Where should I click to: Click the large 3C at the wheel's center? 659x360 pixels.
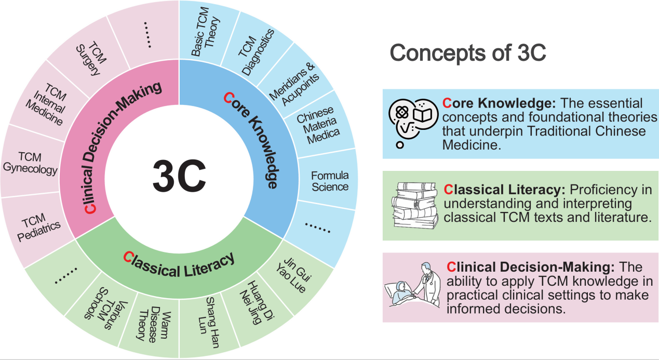coord(179,176)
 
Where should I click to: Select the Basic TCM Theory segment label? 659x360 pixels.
coord(205,32)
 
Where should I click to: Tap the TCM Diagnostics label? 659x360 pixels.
coord(256,52)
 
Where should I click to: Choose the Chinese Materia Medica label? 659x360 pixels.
coord(319,125)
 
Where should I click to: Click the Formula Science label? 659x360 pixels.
coord(330,181)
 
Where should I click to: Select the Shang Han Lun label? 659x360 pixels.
coord(209,323)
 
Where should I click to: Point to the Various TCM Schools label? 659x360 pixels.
coord(106,308)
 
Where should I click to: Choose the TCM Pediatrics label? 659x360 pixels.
coord(38,227)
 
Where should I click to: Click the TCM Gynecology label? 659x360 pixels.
coord(30,163)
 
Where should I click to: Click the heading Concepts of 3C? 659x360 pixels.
coord(468,53)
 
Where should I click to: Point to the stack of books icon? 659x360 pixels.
coord(415,206)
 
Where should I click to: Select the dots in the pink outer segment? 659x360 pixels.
coord(148,35)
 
